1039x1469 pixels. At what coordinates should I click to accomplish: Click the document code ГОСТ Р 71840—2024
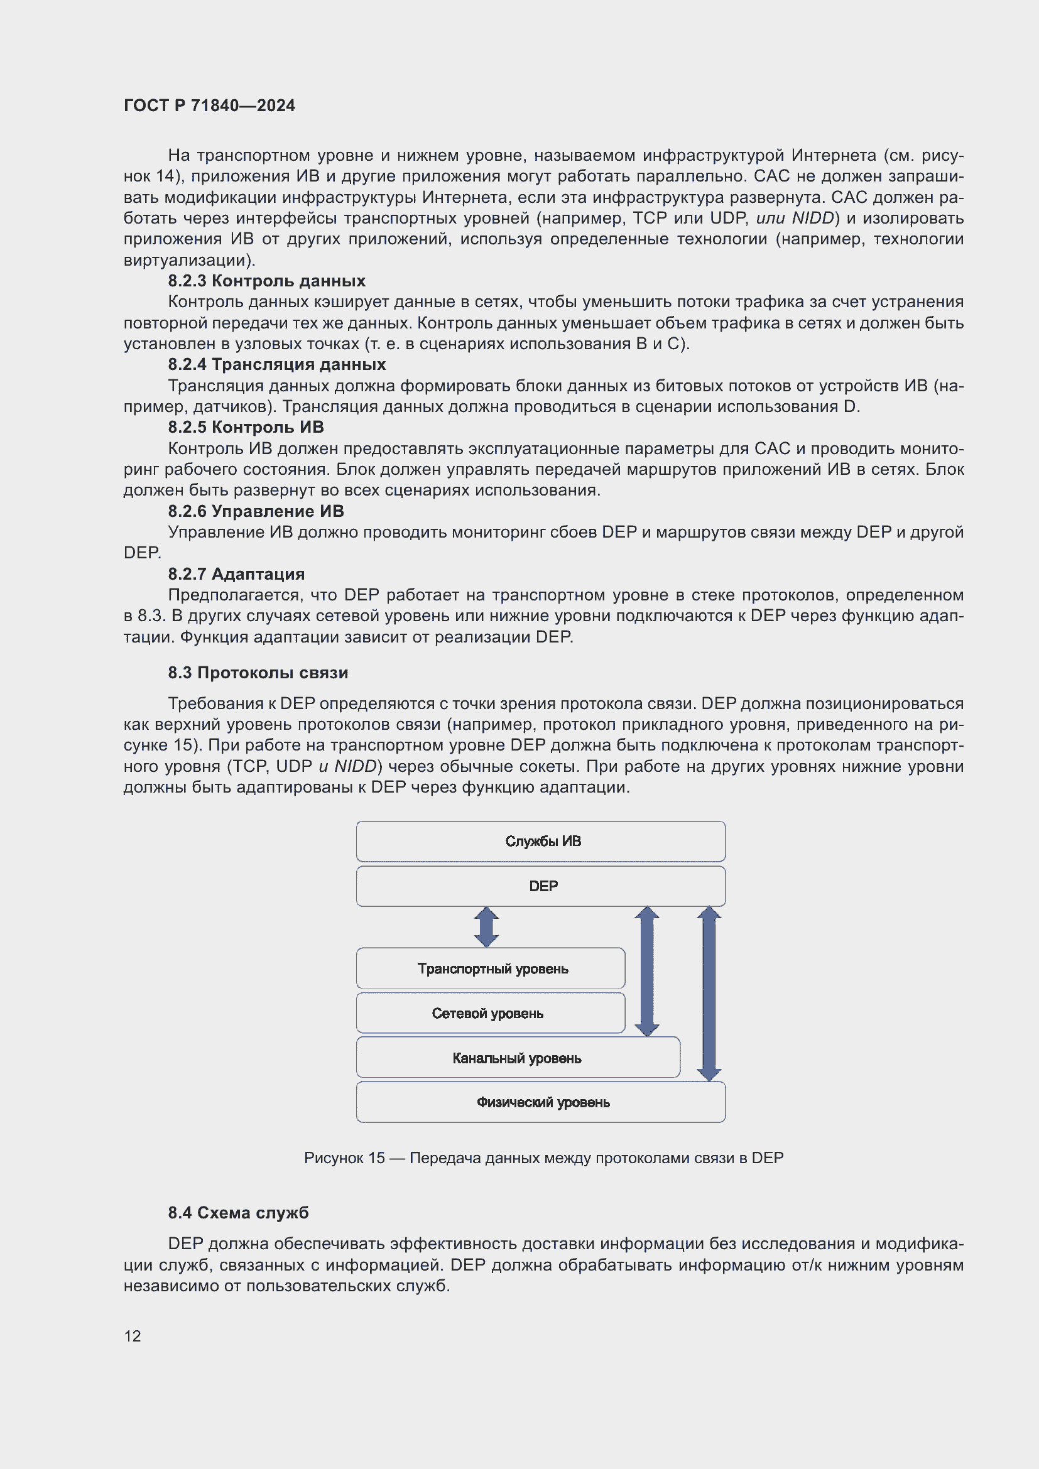pyautogui.click(x=209, y=106)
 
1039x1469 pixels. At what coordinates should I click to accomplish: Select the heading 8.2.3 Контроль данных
pyautogui.click(x=266, y=281)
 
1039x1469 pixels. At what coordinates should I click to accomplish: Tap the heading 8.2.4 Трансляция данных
pyautogui.click(x=276, y=365)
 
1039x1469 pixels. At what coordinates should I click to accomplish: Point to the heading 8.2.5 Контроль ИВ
pyautogui.click(x=246, y=428)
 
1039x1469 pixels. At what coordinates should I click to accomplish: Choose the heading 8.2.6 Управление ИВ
pyautogui.click(x=255, y=511)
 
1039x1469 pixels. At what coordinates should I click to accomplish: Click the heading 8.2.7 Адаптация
pyautogui.click(x=236, y=574)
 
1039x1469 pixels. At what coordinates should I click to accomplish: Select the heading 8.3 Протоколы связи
pyautogui.click(x=258, y=673)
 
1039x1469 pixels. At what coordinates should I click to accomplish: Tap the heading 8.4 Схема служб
pyautogui.click(x=238, y=1213)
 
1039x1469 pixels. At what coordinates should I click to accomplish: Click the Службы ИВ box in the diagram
pyautogui.click(x=541, y=842)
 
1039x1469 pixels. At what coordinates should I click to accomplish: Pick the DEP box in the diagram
pyautogui.click(x=541, y=886)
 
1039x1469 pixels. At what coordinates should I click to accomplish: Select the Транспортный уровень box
pyautogui.click(x=491, y=968)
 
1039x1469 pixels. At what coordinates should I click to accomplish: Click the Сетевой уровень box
pyautogui.click(x=491, y=1013)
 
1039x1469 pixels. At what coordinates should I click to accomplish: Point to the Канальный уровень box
pyautogui.click(x=517, y=1058)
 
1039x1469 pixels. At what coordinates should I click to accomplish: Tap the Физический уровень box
pyautogui.click(x=541, y=1102)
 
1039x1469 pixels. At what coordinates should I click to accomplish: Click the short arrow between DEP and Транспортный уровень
pyautogui.click(x=486, y=927)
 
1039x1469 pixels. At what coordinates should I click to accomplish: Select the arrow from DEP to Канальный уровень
pyautogui.click(x=647, y=970)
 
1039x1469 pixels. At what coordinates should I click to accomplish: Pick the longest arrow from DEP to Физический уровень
pyautogui.click(x=709, y=993)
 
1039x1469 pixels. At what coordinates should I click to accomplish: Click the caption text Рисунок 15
pyautogui.click(x=344, y=1158)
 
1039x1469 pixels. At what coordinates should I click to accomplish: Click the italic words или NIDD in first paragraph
pyautogui.click(x=795, y=218)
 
